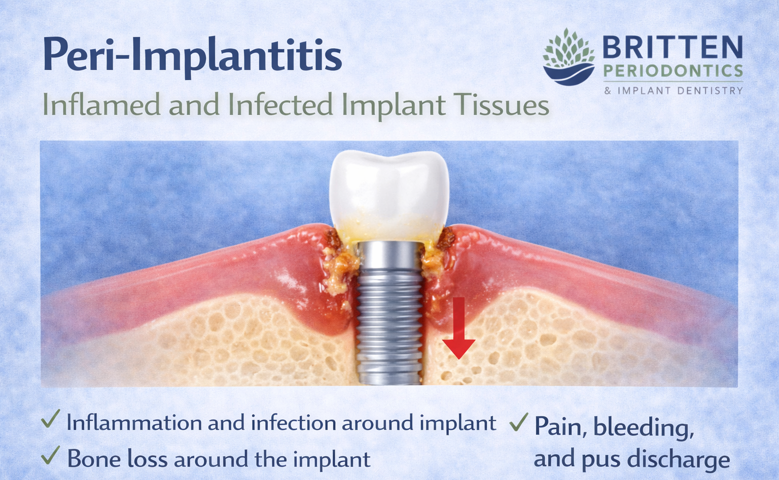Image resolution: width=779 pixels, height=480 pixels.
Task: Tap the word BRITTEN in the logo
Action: point(672,48)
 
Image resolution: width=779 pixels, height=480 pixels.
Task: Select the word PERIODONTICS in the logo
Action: point(673,71)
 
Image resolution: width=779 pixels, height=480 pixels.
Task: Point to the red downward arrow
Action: point(459,329)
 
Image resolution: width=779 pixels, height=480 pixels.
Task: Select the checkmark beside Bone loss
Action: point(51,456)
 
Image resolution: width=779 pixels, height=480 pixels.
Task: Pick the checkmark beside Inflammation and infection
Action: point(51,419)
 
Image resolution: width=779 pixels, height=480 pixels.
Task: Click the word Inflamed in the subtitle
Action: point(101,105)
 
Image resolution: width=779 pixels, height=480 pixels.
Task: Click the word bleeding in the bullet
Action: point(643,428)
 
